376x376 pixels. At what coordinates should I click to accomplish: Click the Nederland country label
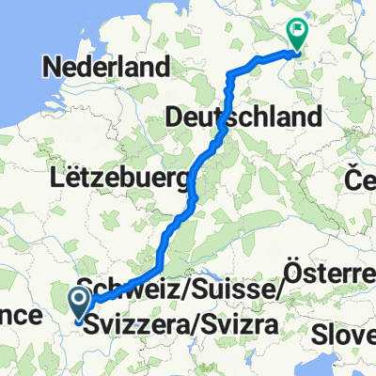click(x=106, y=68)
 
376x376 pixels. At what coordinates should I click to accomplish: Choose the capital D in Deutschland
click(x=175, y=117)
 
